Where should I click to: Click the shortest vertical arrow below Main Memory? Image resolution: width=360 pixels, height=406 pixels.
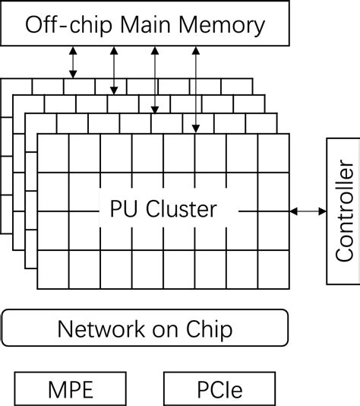click(x=73, y=62)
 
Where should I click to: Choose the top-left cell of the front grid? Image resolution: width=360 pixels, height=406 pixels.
click(x=52, y=153)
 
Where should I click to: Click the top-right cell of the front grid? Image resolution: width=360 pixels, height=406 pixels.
click(x=273, y=153)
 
